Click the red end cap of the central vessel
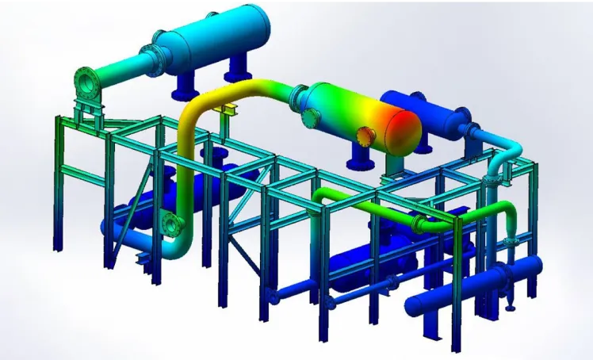(404, 131)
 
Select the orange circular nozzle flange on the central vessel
(366, 135)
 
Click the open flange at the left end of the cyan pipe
(85, 80)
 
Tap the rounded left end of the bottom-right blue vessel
(412, 306)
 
